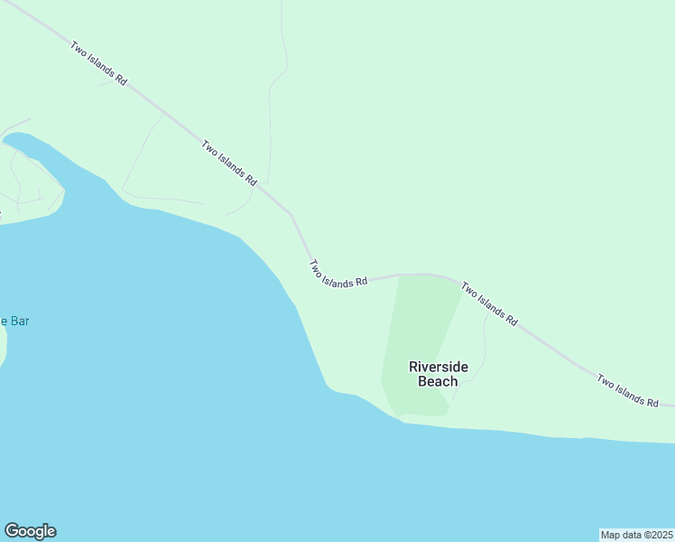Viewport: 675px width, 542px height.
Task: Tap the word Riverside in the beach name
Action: pos(439,367)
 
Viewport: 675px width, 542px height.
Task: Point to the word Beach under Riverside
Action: pos(438,381)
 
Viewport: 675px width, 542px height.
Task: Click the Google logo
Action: pos(30,531)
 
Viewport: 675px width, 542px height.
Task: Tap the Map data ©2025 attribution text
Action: pos(636,535)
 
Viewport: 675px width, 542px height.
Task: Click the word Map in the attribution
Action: pos(612,535)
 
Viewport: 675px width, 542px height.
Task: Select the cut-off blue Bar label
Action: pos(14,321)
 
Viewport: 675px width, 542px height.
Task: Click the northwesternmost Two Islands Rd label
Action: pos(98,63)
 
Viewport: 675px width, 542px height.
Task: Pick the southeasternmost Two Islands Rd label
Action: pos(628,389)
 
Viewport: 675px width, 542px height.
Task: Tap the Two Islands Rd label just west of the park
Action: pos(338,274)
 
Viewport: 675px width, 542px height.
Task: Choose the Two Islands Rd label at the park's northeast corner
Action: pos(489,304)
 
